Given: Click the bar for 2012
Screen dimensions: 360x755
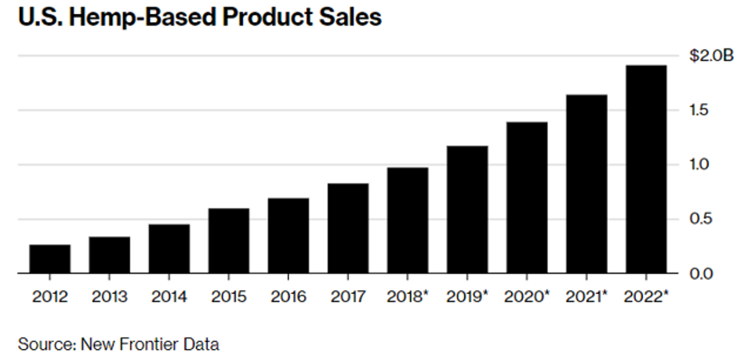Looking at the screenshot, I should [x=50, y=259].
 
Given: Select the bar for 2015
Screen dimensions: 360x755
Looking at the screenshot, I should [x=229, y=241].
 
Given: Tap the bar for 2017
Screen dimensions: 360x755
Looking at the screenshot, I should [x=348, y=228].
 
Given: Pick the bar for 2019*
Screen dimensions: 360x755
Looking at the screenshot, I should [x=467, y=209].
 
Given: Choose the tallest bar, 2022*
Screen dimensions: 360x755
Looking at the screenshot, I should [x=646, y=169].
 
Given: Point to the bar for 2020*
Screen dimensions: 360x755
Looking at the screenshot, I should [x=527, y=198].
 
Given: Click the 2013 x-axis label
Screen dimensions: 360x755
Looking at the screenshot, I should [x=110, y=297].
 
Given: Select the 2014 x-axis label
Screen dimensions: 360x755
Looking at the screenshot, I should [x=169, y=297].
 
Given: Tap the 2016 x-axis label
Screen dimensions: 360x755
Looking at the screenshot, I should [x=289, y=297].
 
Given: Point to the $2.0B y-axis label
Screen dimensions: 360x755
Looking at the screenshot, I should [x=711, y=56].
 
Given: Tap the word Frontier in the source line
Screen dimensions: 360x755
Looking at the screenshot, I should [x=141, y=343].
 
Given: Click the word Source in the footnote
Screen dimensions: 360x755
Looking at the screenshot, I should [x=39, y=343].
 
